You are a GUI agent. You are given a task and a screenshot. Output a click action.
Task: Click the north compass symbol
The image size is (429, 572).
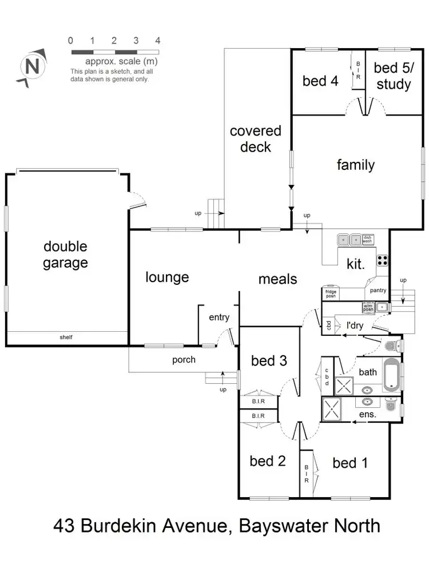coord(32,66)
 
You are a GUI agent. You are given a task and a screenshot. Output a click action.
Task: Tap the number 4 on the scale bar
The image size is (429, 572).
coord(158,41)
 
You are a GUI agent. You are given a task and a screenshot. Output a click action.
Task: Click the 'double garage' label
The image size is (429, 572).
coord(66,255)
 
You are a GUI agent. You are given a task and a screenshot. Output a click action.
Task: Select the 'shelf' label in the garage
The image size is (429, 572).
coord(66,337)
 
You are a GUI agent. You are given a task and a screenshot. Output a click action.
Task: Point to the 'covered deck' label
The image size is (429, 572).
coord(256,139)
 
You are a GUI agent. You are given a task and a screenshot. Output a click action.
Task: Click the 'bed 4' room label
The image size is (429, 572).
coord(320,81)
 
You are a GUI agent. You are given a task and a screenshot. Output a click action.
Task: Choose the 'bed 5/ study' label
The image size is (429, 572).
coord(392,76)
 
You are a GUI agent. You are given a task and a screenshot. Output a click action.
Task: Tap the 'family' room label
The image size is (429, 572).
coord(355,165)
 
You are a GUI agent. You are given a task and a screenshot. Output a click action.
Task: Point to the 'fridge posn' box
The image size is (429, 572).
coord(331,294)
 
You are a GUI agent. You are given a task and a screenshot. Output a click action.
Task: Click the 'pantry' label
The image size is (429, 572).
coord(378,291)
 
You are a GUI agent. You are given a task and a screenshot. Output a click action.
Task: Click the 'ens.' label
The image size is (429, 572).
coord(367,413)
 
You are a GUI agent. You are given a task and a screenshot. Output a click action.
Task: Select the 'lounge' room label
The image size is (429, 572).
coord(167,277)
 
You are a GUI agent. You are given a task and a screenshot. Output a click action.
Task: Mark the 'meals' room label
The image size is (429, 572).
coord(278,279)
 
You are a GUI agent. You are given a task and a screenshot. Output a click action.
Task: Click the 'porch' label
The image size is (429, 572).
coord(184,360)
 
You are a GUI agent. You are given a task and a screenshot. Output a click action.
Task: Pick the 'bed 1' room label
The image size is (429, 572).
coord(349,462)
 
